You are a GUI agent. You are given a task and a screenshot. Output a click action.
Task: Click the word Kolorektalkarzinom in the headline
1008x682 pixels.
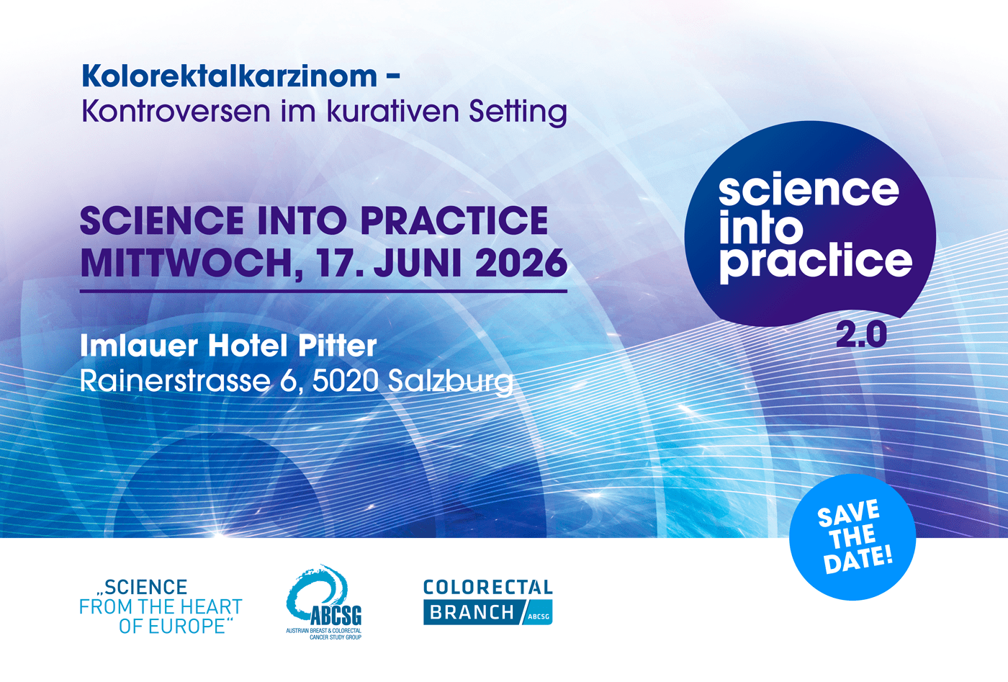(x=229, y=76)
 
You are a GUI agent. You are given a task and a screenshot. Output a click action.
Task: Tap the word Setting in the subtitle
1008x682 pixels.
(x=518, y=113)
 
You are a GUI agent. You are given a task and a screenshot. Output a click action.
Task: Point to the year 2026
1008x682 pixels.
(x=521, y=264)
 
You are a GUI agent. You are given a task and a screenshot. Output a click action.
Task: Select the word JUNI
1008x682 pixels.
(x=418, y=264)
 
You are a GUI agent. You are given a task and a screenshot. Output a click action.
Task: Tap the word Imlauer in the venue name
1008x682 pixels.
(x=138, y=346)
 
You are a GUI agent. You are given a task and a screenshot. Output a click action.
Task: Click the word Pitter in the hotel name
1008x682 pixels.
(x=338, y=346)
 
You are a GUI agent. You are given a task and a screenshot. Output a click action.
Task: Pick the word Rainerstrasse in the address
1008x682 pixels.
(x=175, y=381)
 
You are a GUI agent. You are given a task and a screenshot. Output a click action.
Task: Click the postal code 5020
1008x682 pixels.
(x=345, y=381)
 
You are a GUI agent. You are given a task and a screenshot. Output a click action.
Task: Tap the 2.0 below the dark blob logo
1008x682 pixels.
(x=861, y=335)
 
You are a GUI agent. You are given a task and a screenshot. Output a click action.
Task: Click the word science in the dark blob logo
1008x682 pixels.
(x=809, y=190)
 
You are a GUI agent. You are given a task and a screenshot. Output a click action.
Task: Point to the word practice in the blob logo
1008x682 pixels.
(x=816, y=261)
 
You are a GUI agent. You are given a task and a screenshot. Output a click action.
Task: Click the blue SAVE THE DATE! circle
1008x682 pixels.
(x=852, y=537)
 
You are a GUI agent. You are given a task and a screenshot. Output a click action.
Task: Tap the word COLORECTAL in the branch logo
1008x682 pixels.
(x=487, y=588)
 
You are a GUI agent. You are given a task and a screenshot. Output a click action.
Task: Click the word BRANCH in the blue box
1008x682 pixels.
(x=472, y=613)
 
